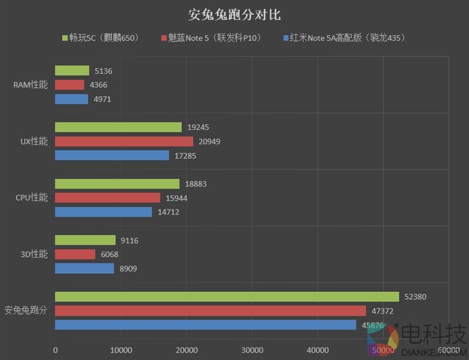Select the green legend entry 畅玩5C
[100, 38]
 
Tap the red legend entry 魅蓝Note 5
[211, 38]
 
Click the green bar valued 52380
[227, 297]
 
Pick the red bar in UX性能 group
[124, 141]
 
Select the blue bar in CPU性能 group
[103, 212]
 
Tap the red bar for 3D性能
[75, 254]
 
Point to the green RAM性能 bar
[72, 71]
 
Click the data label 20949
[209, 141]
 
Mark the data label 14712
[168, 212]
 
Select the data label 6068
[111, 254]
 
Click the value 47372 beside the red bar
[382, 311]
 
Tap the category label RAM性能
[30, 85]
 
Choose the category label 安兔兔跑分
[26, 310]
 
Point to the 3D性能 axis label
[34, 254]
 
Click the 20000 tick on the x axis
[186, 350]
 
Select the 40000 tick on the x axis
[317, 350]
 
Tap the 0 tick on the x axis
[55, 350]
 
